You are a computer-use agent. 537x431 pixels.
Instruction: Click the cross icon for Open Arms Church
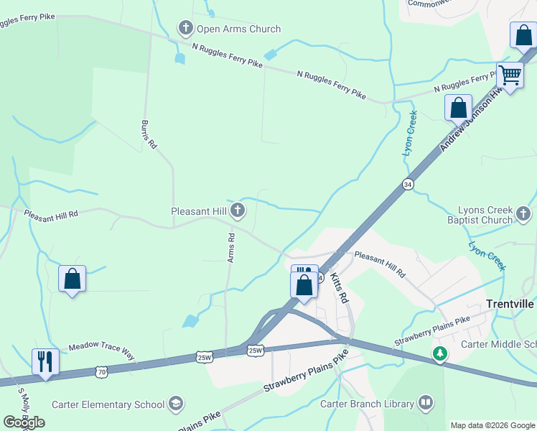[x=186, y=29]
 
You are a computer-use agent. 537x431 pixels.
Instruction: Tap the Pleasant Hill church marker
[x=238, y=210]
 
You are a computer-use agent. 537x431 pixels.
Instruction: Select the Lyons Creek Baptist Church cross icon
[x=523, y=213]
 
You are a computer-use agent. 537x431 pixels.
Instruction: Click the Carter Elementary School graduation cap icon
[x=176, y=404]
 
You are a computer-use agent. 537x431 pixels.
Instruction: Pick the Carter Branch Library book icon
[x=426, y=403]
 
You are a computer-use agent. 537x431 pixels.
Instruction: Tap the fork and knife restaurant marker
[x=45, y=361]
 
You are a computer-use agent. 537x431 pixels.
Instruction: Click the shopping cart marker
[x=510, y=75]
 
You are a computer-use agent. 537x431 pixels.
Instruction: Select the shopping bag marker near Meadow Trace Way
[x=72, y=279]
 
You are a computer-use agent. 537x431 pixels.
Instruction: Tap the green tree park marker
[x=439, y=353]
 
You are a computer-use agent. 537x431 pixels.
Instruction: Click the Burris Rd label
[x=149, y=134]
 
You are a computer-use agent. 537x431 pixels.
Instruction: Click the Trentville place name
[x=509, y=304]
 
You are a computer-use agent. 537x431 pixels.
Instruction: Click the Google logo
[x=24, y=422]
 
